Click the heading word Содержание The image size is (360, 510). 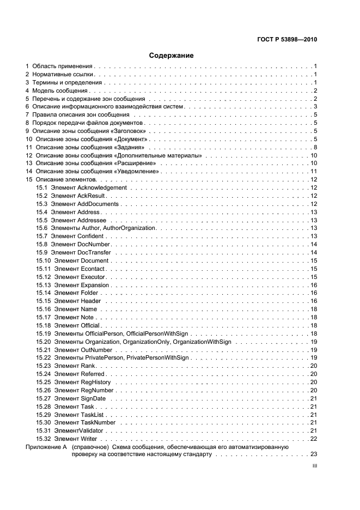[172, 55]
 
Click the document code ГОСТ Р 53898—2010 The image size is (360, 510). [287, 40]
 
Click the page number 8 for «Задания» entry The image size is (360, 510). [315, 147]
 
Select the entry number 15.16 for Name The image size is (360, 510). [44, 309]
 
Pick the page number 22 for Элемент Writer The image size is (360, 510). [314, 439]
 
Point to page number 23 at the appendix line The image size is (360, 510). [314, 454]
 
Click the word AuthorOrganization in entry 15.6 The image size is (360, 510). [129, 228]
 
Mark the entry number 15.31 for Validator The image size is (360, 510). [44, 430]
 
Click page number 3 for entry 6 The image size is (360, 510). [315, 107]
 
